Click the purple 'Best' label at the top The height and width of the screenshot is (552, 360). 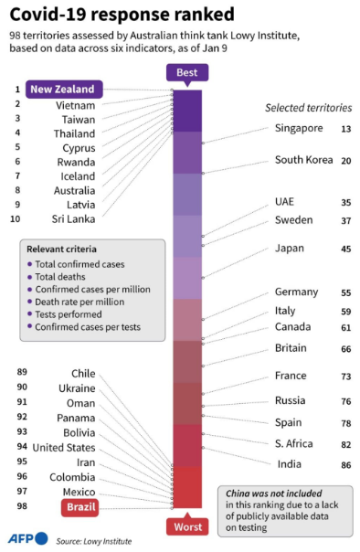[x=186, y=73]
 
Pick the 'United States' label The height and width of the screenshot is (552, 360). [x=63, y=447]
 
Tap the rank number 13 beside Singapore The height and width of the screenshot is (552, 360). [x=345, y=129]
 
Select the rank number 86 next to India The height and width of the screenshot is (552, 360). [x=345, y=465]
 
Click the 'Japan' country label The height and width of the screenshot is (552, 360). [x=290, y=248]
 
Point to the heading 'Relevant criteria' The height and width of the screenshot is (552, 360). [x=62, y=249]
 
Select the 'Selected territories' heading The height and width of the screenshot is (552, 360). [x=306, y=107]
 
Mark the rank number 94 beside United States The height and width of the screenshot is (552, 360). [x=22, y=447]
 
